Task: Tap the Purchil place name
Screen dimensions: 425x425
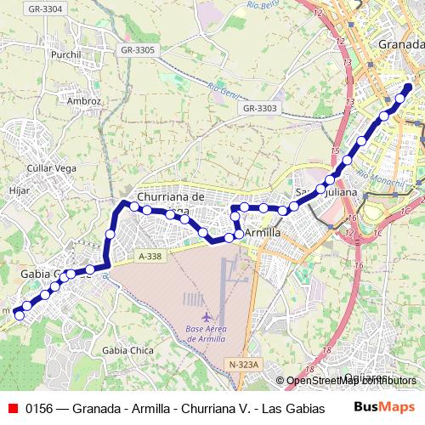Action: [x=65, y=55]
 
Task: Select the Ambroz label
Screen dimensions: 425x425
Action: [x=86, y=100]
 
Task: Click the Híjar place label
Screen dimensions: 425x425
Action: [x=20, y=191]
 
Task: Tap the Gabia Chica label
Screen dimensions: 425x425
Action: [x=126, y=350]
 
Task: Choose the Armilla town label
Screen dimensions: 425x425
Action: [x=263, y=232]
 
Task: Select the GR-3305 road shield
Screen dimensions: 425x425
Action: [x=138, y=50]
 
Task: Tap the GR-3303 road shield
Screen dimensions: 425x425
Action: [x=259, y=108]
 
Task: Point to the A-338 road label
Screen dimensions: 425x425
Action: [x=150, y=256]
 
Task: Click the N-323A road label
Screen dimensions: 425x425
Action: [x=243, y=365]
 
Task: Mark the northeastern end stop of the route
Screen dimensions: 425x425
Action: [x=408, y=88]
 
